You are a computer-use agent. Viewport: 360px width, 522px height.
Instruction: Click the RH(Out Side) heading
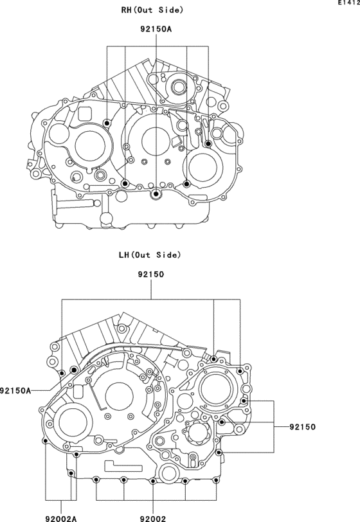(x=152, y=10)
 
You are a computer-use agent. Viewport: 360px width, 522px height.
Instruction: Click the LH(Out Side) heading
(x=150, y=255)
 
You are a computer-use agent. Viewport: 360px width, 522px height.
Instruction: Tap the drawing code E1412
(x=349, y=3)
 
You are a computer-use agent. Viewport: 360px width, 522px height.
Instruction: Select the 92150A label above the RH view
(x=156, y=30)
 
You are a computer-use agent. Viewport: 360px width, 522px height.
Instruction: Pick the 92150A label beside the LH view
(x=15, y=390)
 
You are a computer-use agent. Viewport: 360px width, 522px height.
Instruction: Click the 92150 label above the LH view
(x=151, y=274)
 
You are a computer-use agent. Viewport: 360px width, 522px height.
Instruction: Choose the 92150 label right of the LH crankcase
(x=302, y=427)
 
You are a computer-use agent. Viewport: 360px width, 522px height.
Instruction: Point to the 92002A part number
(x=61, y=518)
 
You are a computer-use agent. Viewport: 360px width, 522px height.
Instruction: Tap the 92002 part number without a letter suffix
(x=153, y=518)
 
